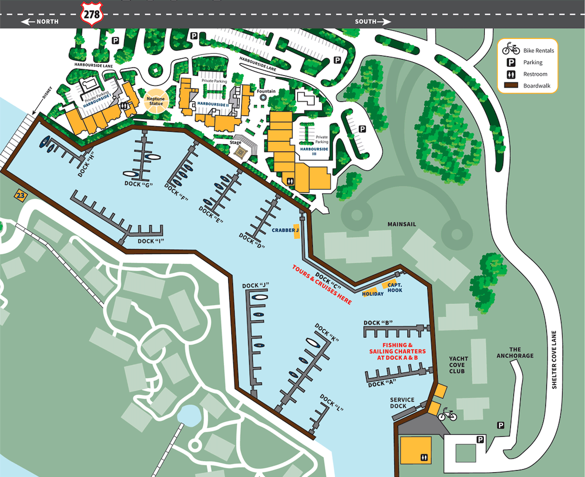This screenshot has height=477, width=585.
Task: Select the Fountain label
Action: click(x=266, y=91)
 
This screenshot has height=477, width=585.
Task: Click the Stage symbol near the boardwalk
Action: click(x=241, y=152)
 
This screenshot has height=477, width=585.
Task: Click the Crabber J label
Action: click(x=285, y=230)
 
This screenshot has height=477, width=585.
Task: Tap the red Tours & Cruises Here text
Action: click(x=321, y=285)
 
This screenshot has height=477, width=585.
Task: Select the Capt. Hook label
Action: click(x=395, y=287)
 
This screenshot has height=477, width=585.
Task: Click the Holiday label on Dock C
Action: click(x=372, y=294)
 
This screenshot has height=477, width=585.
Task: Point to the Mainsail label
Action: click(x=402, y=224)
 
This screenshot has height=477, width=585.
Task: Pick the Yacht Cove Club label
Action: click(x=459, y=365)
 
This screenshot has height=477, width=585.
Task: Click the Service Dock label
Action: click(x=402, y=403)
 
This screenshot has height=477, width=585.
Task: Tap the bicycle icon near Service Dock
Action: click(x=447, y=415)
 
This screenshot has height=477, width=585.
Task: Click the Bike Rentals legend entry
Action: click(x=538, y=51)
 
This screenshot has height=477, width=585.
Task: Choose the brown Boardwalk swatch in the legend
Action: click(x=511, y=86)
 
